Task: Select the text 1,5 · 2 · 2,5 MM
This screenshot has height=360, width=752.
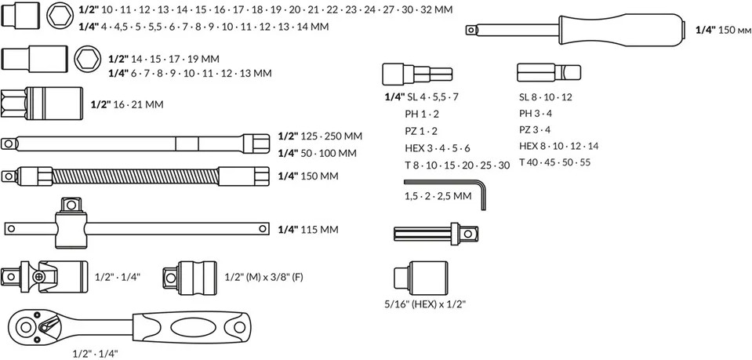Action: (438, 196)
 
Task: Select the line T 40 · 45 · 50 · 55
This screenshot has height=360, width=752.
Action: (554, 163)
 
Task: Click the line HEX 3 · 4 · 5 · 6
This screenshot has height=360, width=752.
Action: (437, 147)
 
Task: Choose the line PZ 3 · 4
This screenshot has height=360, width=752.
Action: (535, 130)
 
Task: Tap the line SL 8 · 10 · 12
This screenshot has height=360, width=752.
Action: (546, 97)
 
